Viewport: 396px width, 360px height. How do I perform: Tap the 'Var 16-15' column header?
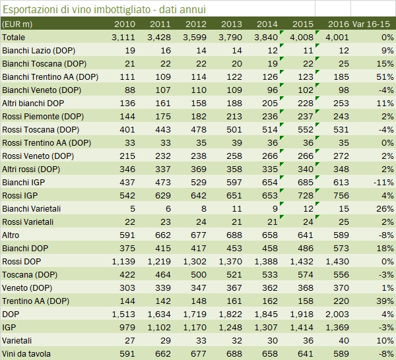click(373, 24)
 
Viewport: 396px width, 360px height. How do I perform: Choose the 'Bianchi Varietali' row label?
click(33, 208)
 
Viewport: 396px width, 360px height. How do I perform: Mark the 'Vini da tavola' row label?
click(28, 353)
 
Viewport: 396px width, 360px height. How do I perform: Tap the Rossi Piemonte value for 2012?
click(198, 116)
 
